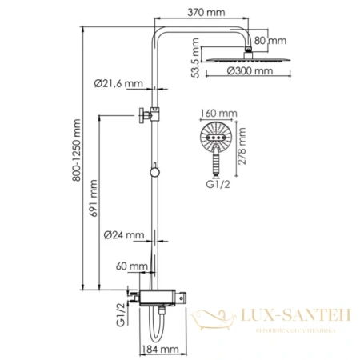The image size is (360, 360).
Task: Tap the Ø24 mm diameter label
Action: tap(123, 234)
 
